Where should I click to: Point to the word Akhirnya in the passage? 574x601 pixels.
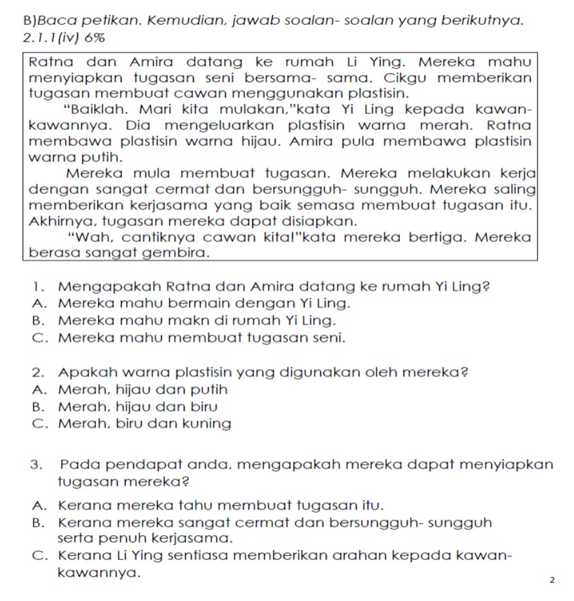pos(60,221)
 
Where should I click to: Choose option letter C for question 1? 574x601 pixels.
pos(36,336)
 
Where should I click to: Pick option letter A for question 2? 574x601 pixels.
pos(36,389)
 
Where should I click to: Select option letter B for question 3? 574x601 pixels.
pos(36,522)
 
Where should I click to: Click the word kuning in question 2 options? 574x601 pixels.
pos(206,424)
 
